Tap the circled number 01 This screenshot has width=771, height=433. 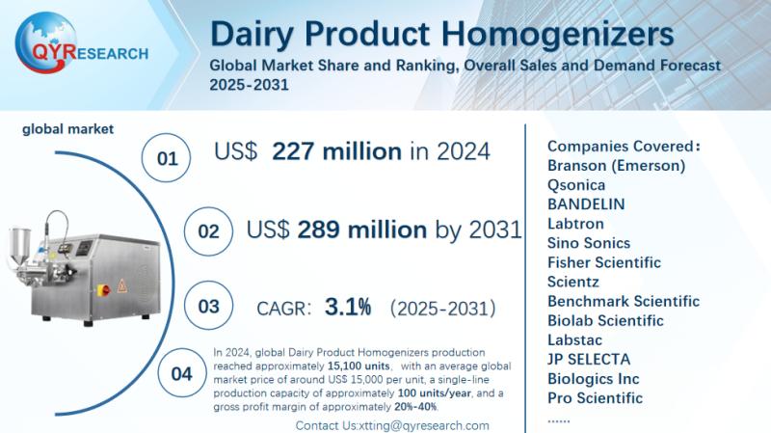[167, 158]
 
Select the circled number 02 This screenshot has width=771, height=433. [208, 232]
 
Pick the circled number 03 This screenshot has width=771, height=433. [208, 307]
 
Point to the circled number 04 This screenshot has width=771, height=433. [180, 374]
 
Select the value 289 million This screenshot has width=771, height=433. [361, 230]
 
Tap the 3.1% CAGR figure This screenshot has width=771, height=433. [348, 308]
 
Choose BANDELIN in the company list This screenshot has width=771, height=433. [586, 203]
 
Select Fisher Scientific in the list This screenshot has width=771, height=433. [603, 262]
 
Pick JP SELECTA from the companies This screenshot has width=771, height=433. [588, 359]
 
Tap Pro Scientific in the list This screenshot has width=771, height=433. [595, 397]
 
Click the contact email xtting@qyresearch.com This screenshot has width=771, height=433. [425, 425]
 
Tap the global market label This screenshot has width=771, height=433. [68, 128]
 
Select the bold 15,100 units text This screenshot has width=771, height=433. [358, 365]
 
